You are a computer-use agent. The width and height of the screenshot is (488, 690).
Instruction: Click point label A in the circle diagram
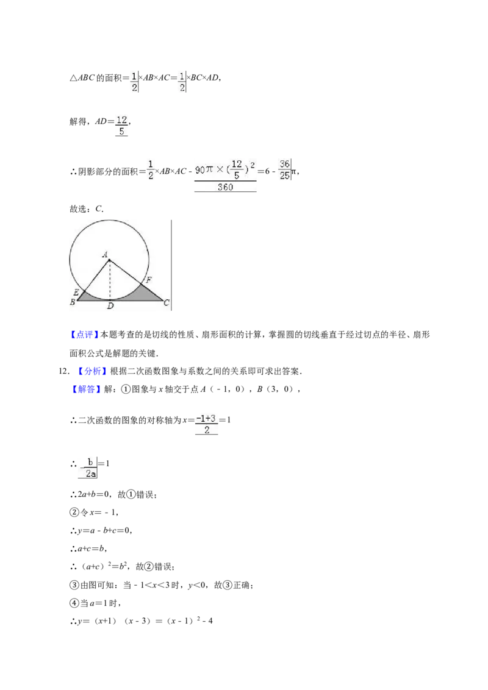tap(105, 254)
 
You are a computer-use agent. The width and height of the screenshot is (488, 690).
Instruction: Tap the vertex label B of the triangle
tap(73, 302)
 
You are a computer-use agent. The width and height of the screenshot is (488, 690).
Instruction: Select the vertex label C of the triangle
tap(167, 303)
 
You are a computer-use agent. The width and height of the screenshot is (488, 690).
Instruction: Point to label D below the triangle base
tap(110, 306)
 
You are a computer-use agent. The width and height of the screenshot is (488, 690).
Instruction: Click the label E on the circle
tap(76, 292)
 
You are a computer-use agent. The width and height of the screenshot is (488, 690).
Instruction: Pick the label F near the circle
tap(149, 280)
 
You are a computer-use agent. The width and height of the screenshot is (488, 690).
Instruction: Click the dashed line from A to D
tap(110, 280)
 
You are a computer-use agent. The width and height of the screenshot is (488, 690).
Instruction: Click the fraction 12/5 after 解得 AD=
tap(121, 126)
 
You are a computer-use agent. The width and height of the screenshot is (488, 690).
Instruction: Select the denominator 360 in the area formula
tap(225, 187)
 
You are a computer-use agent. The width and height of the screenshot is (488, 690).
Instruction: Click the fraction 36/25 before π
tap(284, 170)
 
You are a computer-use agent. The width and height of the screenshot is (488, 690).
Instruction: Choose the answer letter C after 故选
tap(99, 208)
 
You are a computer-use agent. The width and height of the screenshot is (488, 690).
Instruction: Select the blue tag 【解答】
tap(87, 389)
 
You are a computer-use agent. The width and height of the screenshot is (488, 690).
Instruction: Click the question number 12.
tap(63, 371)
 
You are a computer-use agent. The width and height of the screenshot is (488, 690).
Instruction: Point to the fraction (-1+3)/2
tap(207, 424)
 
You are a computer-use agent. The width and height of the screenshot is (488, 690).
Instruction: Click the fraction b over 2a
tap(88, 468)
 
